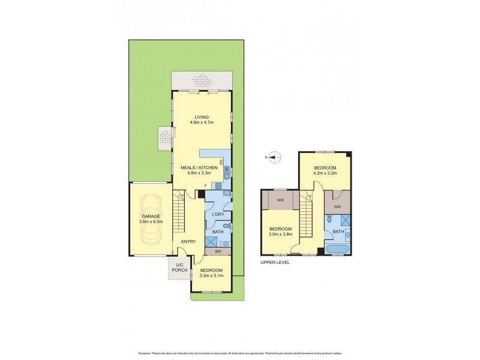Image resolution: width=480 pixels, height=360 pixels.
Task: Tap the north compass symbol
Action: coord(274,158)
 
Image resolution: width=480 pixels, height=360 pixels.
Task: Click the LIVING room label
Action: coord(201,117)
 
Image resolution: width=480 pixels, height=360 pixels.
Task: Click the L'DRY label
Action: coord(217,214)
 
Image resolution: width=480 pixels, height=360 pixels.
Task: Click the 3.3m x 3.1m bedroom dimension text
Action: coord(211,275)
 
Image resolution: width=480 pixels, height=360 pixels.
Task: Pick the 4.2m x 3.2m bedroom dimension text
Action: coord(325,173)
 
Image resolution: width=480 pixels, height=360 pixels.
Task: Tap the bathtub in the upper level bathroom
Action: coord(339,249)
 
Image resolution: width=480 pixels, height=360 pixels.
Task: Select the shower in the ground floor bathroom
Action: coord(211,241)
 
